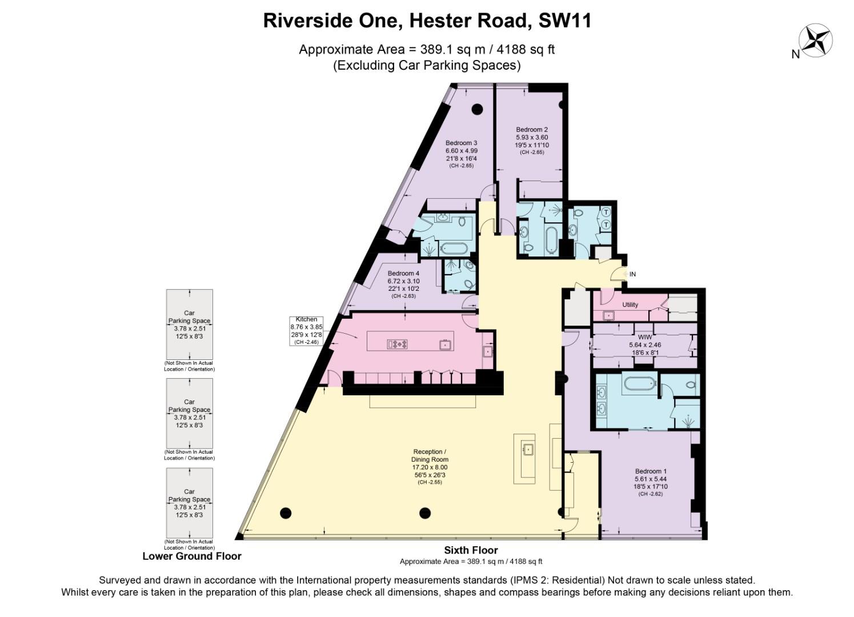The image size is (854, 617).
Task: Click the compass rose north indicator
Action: [815, 41]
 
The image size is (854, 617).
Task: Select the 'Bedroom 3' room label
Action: [461, 143]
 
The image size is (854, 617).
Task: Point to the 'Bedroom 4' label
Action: [403, 274]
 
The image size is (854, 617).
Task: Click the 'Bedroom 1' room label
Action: [651, 471]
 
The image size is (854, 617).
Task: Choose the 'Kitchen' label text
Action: [306, 319]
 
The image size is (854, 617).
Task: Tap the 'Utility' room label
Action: [630, 305]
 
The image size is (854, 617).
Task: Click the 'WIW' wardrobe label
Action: [644, 338]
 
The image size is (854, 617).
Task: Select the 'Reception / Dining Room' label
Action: [430, 455]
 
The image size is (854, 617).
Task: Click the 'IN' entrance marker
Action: [632, 274]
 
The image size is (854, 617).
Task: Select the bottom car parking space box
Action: [190, 502]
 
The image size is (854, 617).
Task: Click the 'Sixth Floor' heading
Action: [471, 550]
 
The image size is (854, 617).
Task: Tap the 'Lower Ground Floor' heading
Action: [192, 556]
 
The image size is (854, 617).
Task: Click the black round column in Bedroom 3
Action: [476, 109]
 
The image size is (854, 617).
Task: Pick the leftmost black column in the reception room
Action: [287, 512]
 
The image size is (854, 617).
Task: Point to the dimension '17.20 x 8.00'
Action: [430, 467]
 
